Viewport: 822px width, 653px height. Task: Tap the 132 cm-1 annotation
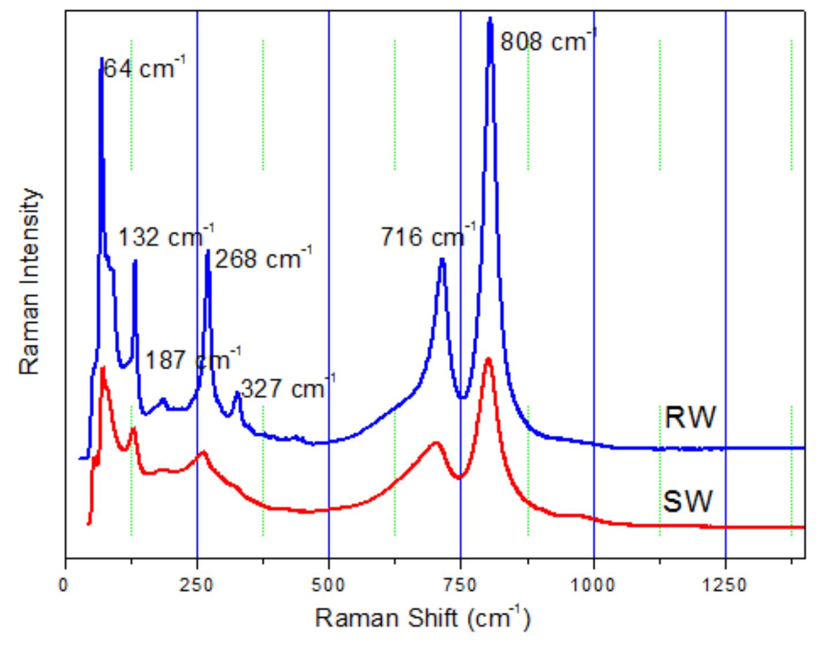pos(166,236)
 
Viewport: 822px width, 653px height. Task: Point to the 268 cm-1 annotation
pos(263,258)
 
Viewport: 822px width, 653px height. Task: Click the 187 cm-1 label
pos(193,361)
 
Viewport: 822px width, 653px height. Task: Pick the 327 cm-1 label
pos(287,388)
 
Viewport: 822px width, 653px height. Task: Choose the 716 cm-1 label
pos(428,236)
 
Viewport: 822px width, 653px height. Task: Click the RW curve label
pos(690,417)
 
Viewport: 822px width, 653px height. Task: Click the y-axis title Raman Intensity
pos(30,282)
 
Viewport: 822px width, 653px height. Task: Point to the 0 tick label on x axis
pos(65,585)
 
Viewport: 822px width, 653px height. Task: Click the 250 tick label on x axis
pos(197,585)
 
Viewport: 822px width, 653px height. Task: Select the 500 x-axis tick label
pos(329,585)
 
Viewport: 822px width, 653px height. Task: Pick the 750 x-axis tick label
pos(461,585)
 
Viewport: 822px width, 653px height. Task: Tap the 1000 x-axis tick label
pos(593,585)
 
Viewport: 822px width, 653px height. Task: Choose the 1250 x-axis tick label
pos(725,585)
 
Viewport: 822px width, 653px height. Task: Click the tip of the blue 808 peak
pos(490,18)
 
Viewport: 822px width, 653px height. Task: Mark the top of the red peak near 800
pos(488,358)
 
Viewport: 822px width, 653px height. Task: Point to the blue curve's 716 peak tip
pos(442,259)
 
